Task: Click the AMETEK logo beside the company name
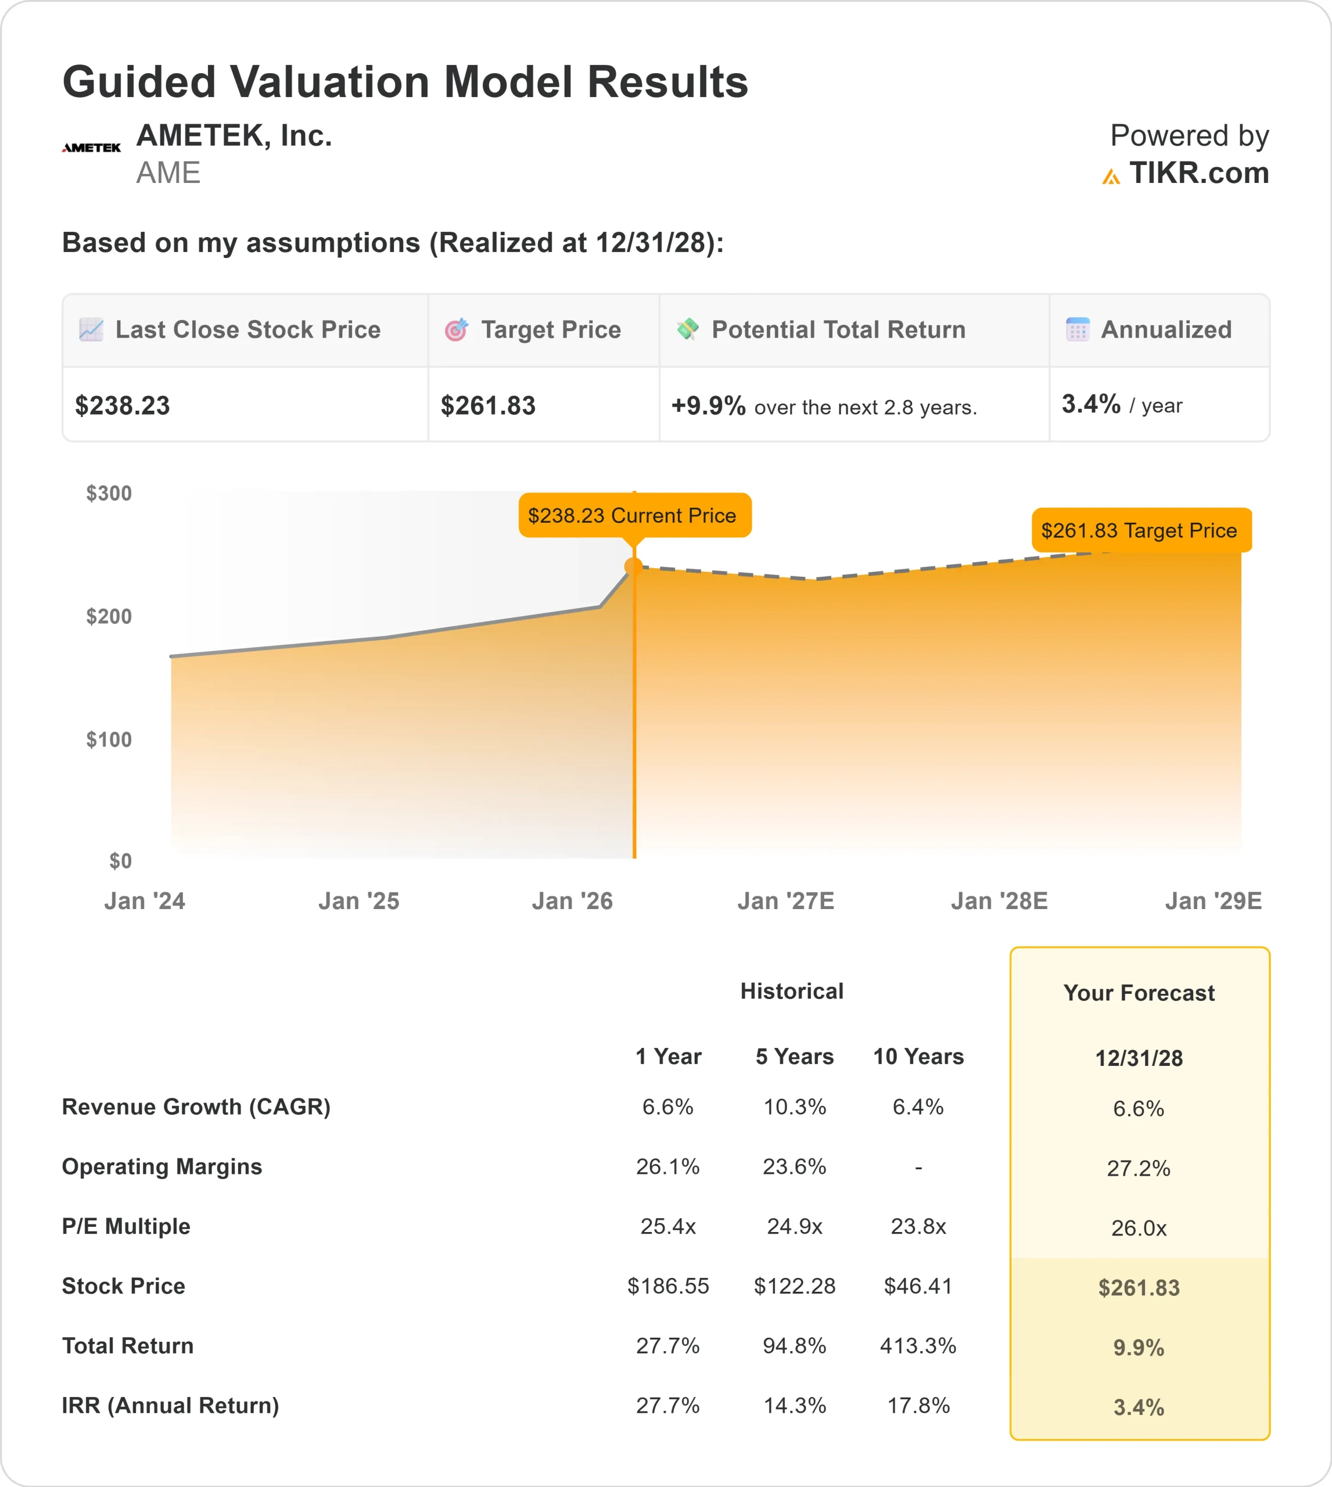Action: [x=91, y=148]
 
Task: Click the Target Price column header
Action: [x=550, y=330]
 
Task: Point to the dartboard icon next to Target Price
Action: [x=456, y=330]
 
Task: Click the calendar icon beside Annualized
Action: [x=1078, y=329]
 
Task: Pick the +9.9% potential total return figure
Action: [x=708, y=405]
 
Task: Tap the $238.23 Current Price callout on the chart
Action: [x=634, y=515]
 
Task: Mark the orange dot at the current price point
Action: [x=634, y=566]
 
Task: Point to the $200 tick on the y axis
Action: [x=109, y=616]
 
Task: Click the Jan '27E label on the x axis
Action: [x=785, y=901]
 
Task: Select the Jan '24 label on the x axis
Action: [x=144, y=901]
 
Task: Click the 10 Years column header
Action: [x=918, y=1057]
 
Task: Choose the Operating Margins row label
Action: [x=161, y=1166]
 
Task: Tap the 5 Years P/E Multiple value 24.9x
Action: [x=794, y=1226]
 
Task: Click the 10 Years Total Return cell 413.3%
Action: [x=918, y=1346]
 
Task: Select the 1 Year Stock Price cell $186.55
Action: [x=667, y=1286]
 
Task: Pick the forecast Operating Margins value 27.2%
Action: [x=1138, y=1169]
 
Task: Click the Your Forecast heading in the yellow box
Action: [x=1138, y=993]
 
